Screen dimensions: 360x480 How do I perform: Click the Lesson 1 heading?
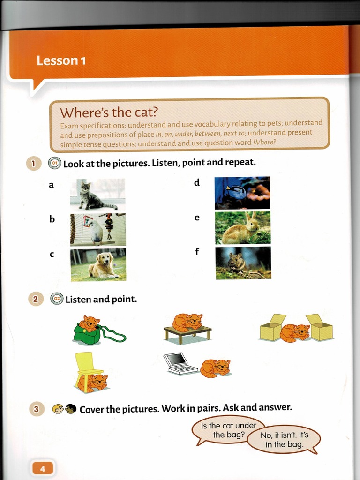[61, 60]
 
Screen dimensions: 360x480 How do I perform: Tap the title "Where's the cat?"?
[108, 112]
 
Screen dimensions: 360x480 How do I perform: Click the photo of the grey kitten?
[97, 195]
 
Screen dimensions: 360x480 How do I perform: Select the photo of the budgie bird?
[98, 230]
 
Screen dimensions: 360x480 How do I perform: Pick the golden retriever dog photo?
[98, 264]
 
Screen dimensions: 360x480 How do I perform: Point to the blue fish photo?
[242, 193]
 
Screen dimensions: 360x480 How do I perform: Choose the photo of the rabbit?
[243, 228]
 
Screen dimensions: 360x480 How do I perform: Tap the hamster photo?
[243, 263]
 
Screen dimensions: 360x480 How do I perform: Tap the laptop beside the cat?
[180, 364]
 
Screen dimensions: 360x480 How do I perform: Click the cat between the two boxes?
[295, 333]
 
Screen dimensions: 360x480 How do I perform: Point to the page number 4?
[43, 469]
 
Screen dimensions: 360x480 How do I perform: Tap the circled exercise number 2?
[36, 299]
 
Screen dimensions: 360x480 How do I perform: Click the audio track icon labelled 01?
[55, 163]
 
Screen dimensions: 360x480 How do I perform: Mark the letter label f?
[197, 252]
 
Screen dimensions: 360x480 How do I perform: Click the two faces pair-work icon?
[64, 409]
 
